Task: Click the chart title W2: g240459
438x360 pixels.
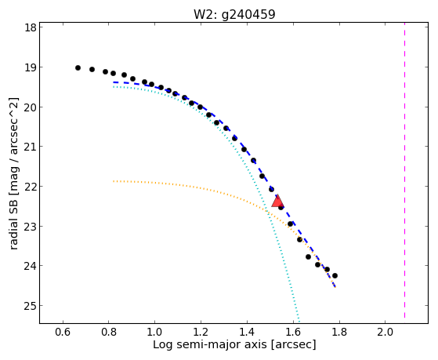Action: pos(234,14)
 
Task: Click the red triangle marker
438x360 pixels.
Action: pos(277,202)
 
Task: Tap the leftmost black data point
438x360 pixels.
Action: pos(78,67)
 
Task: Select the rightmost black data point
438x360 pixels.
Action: pos(335,275)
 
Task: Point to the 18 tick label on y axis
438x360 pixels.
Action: pos(31,27)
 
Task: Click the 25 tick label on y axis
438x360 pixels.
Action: pos(31,306)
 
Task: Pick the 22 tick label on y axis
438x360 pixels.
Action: pos(31,187)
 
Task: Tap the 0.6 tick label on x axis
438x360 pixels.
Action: pos(63,332)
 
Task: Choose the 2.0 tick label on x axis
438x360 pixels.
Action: pos(386,332)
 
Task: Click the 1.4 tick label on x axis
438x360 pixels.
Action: pos(248,332)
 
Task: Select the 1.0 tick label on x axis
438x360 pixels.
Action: pos(154,332)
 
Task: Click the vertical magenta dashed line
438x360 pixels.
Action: pos(404,173)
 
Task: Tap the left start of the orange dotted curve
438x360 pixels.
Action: pos(114,181)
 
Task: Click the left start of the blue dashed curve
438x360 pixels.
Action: pos(114,82)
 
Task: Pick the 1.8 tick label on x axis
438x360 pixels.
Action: pos(339,332)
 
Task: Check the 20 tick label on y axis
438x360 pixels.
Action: pos(31,107)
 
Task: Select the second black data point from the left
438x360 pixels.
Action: pos(92,69)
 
